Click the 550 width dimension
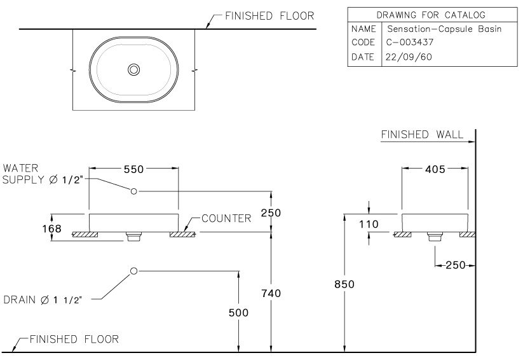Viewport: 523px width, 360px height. click(x=133, y=169)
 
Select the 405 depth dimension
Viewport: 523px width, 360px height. click(x=435, y=169)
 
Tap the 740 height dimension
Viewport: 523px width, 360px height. click(x=271, y=293)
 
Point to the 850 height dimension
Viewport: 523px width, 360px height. click(x=344, y=284)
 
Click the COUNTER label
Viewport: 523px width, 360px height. click(x=226, y=218)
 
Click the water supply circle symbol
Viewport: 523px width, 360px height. click(x=134, y=191)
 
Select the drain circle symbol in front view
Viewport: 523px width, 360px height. click(x=133, y=271)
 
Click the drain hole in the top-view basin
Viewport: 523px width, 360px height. click(x=133, y=69)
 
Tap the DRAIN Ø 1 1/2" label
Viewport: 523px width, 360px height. click(x=44, y=299)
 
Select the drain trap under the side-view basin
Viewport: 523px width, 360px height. click(x=435, y=237)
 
